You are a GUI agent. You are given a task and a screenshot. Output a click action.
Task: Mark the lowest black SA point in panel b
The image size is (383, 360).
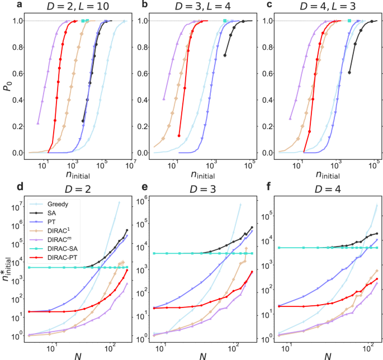point(225,55)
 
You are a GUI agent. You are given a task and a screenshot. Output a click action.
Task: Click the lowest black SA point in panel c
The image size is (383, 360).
point(349,73)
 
